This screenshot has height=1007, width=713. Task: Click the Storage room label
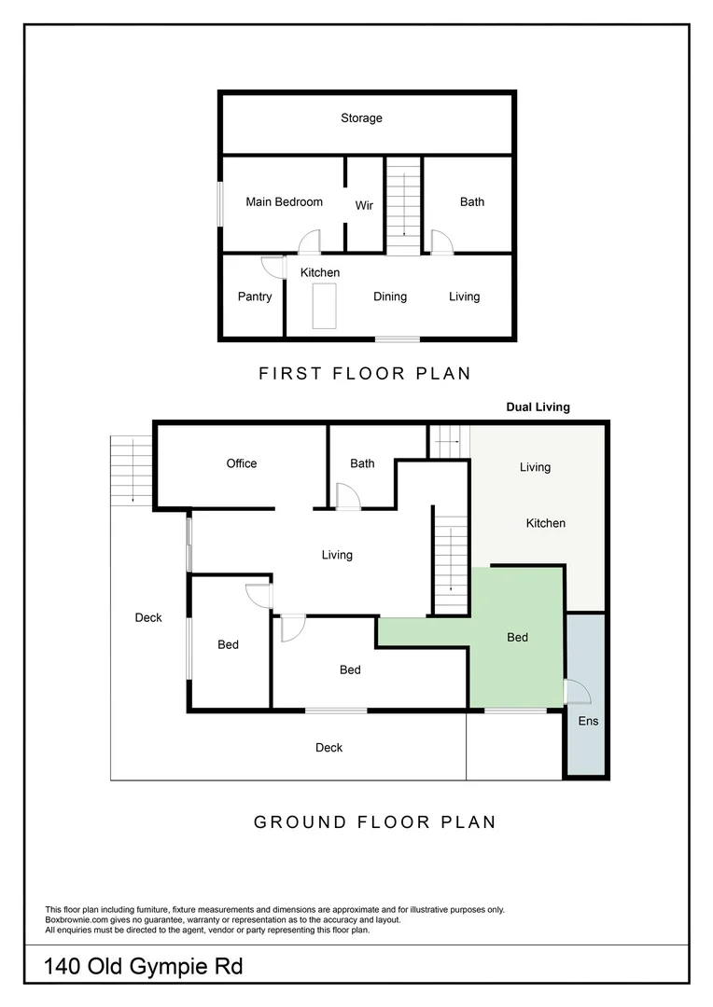[x=361, y=118]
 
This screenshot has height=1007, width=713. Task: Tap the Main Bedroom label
[x=284, y=201]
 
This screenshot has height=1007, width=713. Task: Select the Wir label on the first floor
[x=364, y=205]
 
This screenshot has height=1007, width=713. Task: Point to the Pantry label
[x=255, y=297]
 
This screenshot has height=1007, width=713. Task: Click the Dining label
[x=390, y=297]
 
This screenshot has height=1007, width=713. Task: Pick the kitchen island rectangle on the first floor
[x=324, y=307]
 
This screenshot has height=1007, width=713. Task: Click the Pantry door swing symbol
[x=273, y=267]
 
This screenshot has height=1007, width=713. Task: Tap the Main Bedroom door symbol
[x=309, y=243]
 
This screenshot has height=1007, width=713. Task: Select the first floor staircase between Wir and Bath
[x=404, y=205]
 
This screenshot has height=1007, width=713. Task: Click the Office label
[x=242, y=463]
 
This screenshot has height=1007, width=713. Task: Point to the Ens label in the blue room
[x=588, y=721]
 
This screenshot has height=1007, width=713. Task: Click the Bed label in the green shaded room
[x=517, y=637]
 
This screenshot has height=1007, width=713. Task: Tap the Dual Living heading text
[x=538, y=407]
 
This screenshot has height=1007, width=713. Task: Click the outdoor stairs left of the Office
[x=131, y=470]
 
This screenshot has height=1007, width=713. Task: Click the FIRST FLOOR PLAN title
[x=365, y=374]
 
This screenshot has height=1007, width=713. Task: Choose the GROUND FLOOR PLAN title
[x=375, y=822]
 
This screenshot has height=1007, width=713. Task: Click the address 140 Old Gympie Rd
[x=144, y=967]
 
